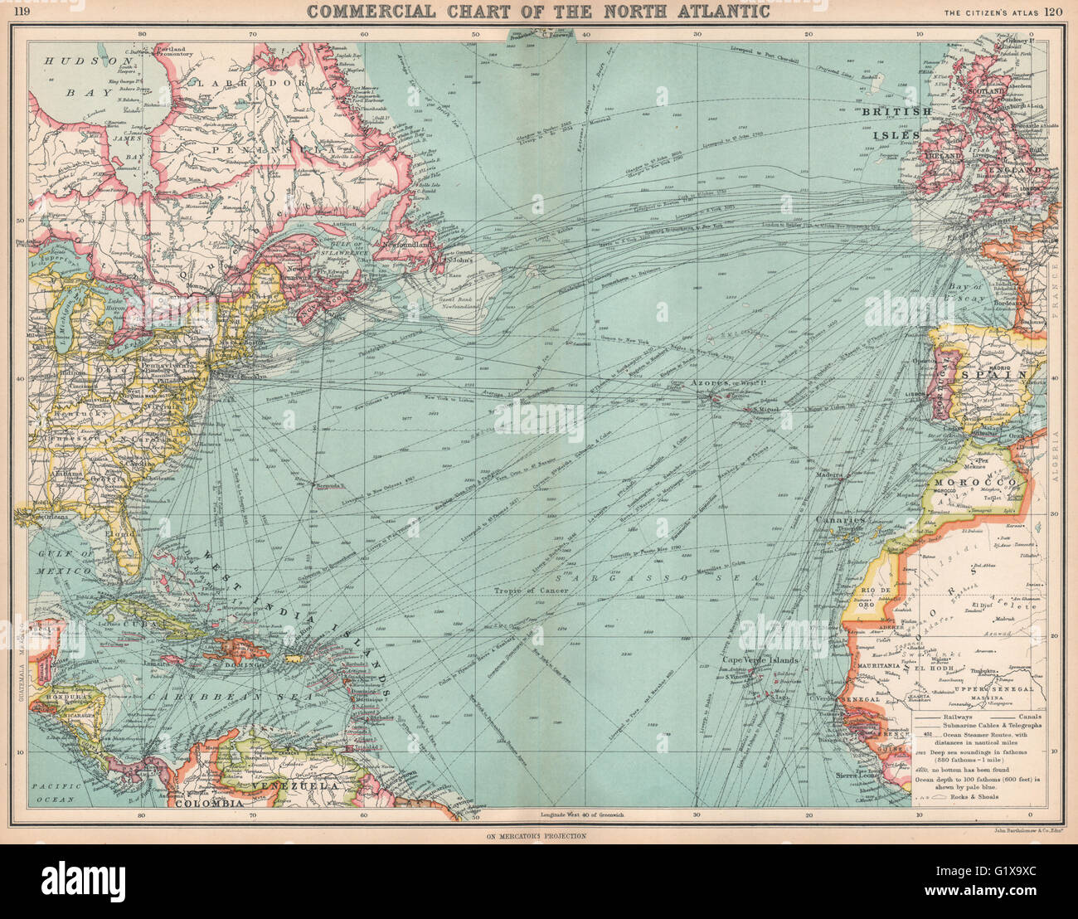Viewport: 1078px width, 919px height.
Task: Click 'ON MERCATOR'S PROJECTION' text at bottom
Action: point(537,835)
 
